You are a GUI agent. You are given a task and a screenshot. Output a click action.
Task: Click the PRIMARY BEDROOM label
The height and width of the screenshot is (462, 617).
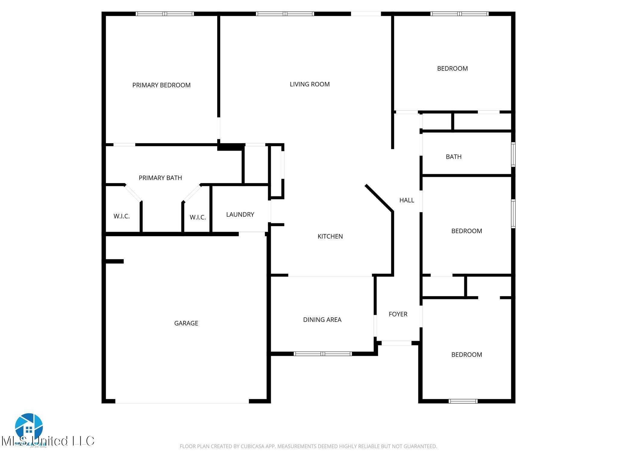click(161, 85)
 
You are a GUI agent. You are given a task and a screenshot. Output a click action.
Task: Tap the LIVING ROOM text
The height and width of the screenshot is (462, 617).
click(309, 84)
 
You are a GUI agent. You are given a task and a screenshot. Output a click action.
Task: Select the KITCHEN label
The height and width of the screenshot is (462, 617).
click(330, 236)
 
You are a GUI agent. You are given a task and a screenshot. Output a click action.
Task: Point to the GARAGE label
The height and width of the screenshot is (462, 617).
click(186, 323)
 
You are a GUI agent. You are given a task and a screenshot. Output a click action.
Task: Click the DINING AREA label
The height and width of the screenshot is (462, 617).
click(322, 320)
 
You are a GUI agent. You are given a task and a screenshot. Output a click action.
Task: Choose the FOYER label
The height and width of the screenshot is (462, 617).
click(398, 314)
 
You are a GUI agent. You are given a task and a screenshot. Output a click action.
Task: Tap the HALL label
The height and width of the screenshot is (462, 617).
click(406, 200)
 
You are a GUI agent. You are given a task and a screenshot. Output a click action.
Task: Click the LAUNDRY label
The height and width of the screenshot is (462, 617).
click(240, 214)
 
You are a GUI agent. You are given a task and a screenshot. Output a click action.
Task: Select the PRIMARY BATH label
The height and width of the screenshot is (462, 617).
click(160, 178)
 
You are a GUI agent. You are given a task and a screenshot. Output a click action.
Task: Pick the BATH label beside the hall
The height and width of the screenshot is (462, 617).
click(453, 157)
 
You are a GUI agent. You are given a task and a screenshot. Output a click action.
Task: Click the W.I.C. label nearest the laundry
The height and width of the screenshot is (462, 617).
click(198, 217)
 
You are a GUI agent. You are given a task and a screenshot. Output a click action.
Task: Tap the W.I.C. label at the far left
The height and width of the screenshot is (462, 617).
click(121, 216)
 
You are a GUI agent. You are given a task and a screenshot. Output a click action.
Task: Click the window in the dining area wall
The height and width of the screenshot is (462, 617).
click(322, 354)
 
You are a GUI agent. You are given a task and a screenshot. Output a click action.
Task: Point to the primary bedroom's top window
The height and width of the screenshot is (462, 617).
click(164, 14)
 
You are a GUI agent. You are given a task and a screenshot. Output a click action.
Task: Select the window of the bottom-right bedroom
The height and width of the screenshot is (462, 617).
click(463, 401)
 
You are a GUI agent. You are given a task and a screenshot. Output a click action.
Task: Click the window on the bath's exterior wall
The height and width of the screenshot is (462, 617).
click(513, 155)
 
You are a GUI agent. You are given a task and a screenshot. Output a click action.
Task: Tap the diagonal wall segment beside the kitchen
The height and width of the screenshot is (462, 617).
click(379, 198)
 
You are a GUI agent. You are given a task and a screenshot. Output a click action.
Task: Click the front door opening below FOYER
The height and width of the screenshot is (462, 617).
click(396, 343)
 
